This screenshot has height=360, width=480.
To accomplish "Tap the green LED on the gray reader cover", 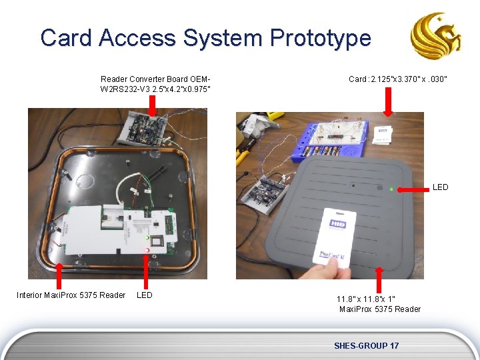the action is [x=391, y=189].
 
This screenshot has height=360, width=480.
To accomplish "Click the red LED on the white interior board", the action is [x=146, y=250].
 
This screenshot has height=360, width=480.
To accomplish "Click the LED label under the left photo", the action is [x=145, y=295].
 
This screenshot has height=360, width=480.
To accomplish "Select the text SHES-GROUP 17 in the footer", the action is [x=367, y=345].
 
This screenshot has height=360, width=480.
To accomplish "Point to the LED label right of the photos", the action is [x=440, y=187].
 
